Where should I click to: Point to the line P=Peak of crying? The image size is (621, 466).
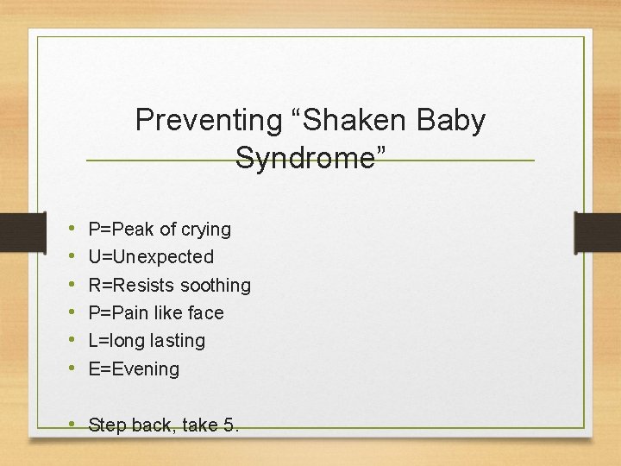point(160,230)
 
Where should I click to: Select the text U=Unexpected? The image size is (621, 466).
point(151,257)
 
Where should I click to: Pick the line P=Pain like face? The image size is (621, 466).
point(156,312)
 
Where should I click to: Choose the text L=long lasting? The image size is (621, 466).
point(147,341)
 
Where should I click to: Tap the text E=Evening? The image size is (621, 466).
point(134,369)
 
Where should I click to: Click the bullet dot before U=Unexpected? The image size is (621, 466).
point(69,257)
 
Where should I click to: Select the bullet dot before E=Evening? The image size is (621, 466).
point(69,369)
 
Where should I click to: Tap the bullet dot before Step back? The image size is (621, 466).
point(69,425)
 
